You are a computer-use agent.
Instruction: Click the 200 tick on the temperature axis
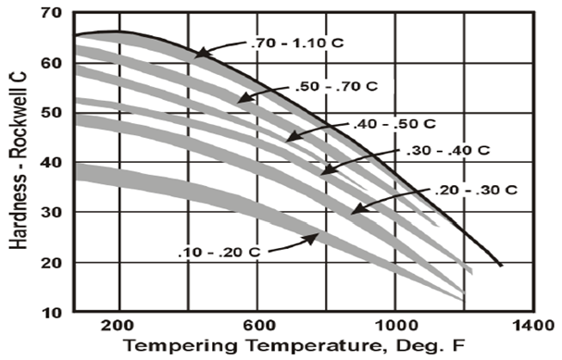(x=119, y=326)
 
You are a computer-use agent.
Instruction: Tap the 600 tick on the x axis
(x=257, y=326)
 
